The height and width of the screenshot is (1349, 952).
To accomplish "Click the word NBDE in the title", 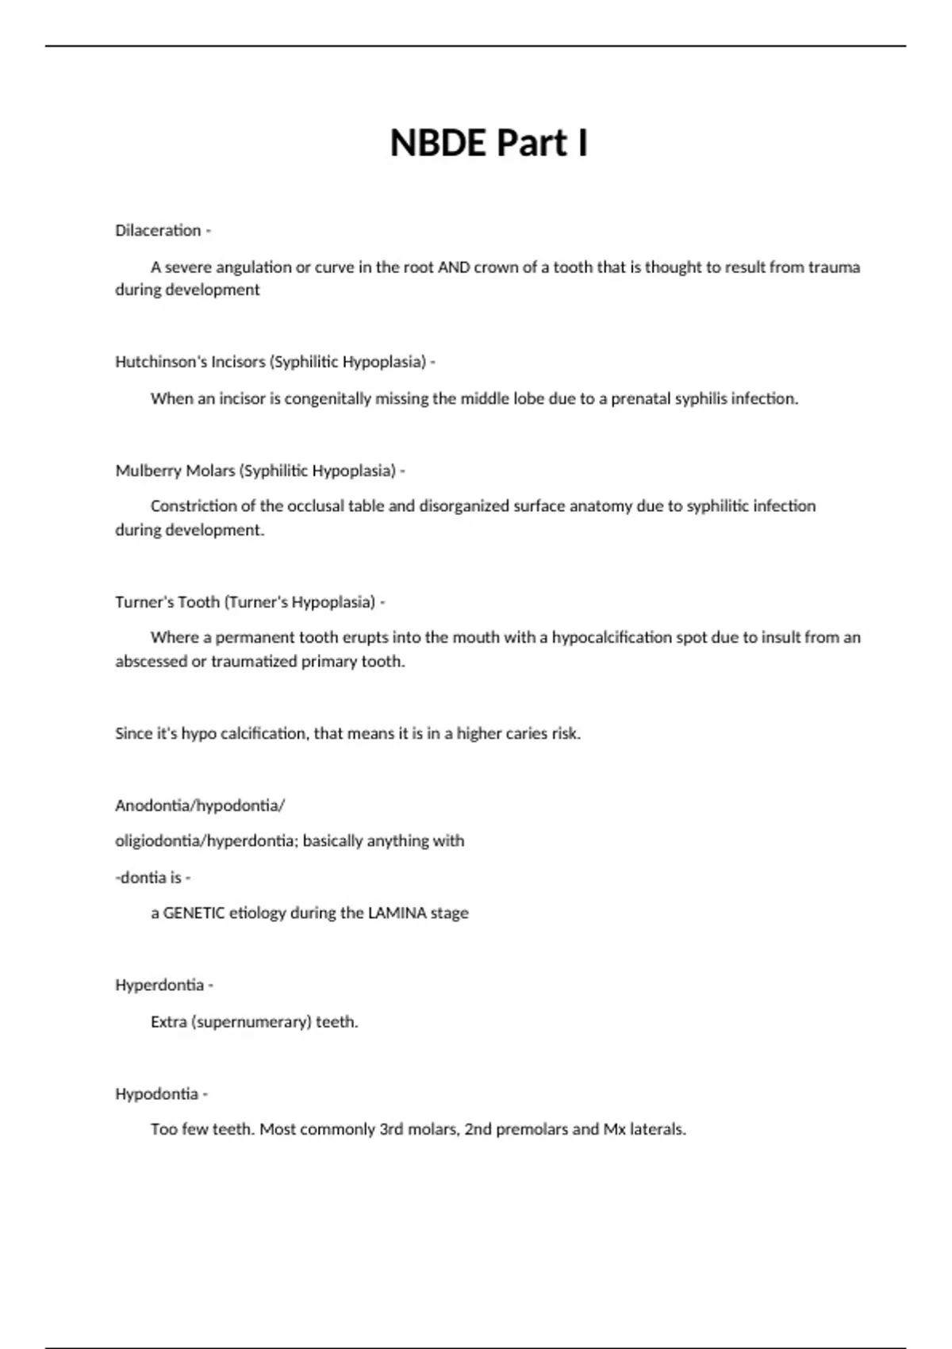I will (437, 144).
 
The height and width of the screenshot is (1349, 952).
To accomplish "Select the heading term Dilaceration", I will (158, 230).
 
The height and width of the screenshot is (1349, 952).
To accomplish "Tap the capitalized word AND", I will (454, 267).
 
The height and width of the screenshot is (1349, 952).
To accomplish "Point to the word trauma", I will (835, 267).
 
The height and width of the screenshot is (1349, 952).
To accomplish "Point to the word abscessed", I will (151, 661).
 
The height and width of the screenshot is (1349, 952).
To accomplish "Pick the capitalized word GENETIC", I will (194, 913).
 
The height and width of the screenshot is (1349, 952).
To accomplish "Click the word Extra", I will (168, 1021).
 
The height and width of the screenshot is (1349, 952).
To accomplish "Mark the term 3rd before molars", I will (392, 1129).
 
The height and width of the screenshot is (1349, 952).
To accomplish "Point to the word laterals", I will (658, 1129).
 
